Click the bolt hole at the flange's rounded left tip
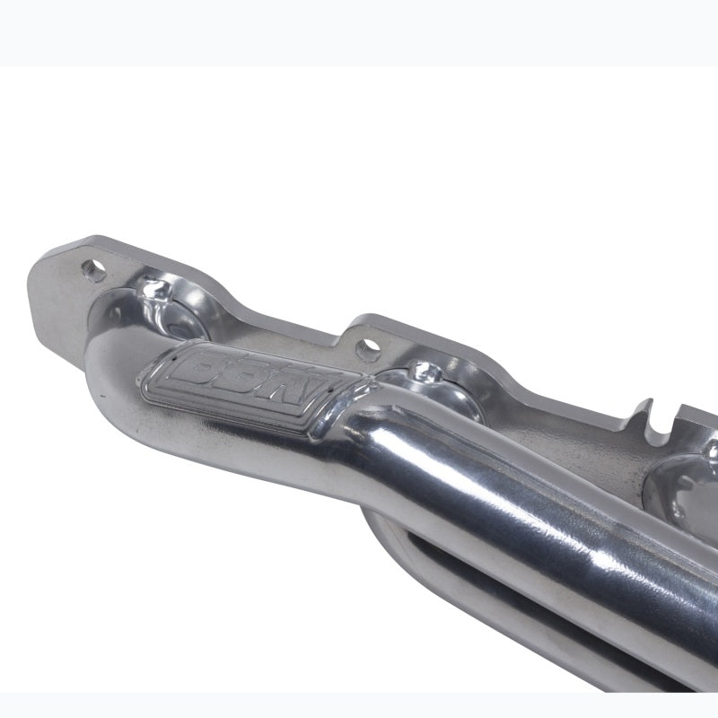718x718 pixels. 92,267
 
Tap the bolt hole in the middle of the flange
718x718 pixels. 366,345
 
